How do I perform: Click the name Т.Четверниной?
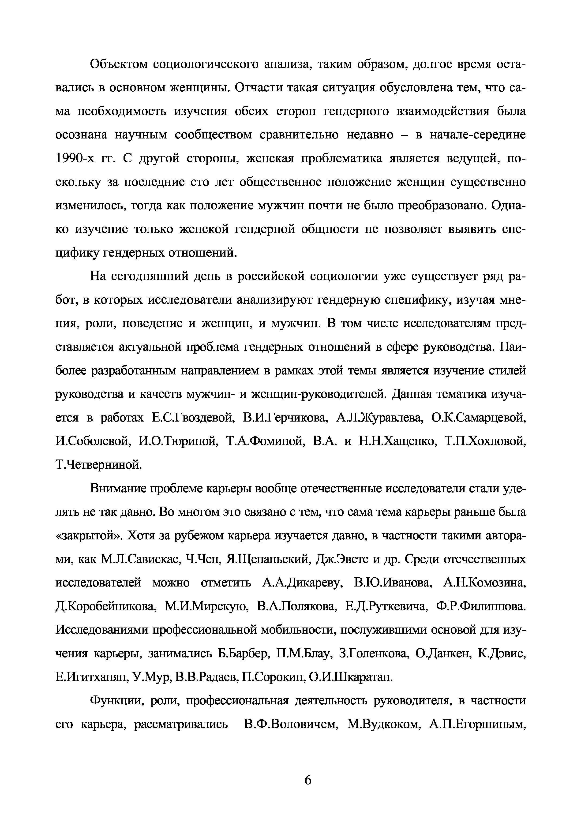99,465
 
